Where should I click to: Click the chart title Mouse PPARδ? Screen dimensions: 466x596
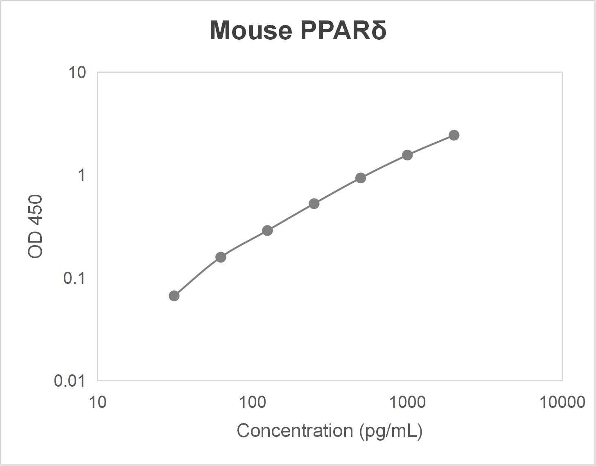coord(298,30)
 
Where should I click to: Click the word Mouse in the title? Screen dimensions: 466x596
coord(251,30)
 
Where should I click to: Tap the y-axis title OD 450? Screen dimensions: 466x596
coord(35,226)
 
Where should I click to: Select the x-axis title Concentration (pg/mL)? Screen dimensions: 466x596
coord(330,431)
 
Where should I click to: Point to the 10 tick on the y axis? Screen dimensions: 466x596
coord(77,72)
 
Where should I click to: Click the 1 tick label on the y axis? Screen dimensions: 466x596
coord(81,175)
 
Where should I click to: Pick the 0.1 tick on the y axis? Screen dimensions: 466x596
coord(74,278)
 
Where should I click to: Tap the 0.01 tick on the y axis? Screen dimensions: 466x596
coord(70,381)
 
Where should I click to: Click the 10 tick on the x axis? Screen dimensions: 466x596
coord(97,402)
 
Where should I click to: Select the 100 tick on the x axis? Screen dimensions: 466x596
coord(252,402)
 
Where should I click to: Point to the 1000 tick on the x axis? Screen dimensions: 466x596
coord(407,402)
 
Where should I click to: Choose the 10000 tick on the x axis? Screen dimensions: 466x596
coord(562,402)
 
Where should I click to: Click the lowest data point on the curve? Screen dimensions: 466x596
coord(174,296)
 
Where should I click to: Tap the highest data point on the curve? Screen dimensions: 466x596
coord(454,135)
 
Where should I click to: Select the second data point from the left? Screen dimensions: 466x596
coord(221,257)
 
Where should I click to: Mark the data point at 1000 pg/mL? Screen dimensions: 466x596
coord(407,155)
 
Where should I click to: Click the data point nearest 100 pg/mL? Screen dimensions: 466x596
coord(267,231)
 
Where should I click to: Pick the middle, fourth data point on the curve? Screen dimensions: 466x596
coord(314,204)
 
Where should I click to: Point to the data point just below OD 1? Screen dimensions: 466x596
coord(361,178)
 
